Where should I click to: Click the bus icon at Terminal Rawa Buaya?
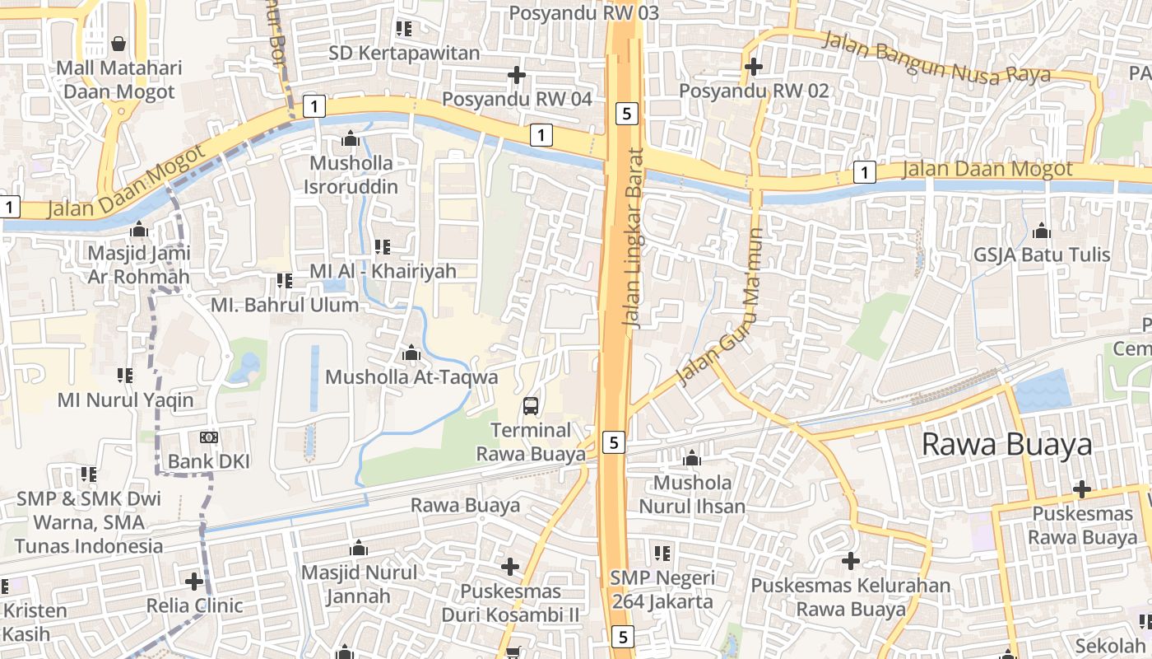(531, 405)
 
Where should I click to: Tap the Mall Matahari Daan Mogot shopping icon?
(118, 43)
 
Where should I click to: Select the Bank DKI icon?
(209, 437)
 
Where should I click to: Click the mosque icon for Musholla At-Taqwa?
(411, 353)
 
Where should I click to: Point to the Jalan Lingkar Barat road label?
(634, 239)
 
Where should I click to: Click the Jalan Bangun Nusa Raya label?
(937, 58)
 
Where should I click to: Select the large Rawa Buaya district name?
(1006, 444)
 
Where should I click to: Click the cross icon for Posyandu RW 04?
(517, 75)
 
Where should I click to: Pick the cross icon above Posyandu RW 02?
(753, 66)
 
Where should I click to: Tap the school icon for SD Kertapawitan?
(403, 29)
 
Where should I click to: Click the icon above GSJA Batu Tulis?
(1042, 230)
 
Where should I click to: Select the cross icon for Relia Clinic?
(194, 582)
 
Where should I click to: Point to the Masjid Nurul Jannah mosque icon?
(359, 548)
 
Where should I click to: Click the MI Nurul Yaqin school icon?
(125, 376)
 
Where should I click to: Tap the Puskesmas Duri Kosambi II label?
(510, 603)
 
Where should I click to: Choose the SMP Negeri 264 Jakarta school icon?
(662, 554)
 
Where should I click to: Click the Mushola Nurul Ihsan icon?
(692, 457)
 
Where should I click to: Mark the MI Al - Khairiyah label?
(383, 271)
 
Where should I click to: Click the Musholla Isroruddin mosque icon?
(351, 138)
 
